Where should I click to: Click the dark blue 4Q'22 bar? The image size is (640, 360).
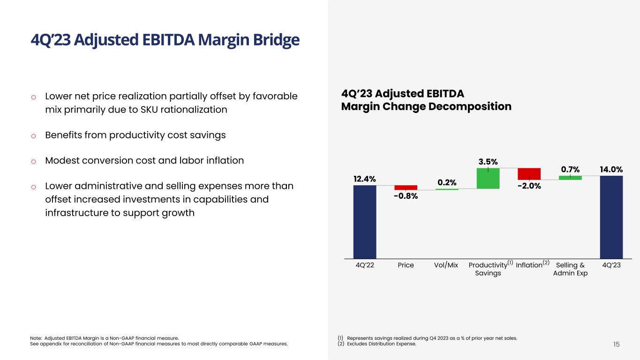364,221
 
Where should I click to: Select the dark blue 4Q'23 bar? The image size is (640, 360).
611,217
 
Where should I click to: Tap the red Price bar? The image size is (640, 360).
406,187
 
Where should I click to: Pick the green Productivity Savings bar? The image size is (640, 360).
488,178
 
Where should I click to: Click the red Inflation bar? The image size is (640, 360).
529,174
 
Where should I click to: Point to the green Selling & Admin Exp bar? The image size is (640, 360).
570,178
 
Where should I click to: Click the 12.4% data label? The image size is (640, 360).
364,179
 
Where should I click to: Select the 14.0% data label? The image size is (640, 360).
611,169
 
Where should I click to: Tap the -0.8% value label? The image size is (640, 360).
406,196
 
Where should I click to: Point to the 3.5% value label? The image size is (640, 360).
488,162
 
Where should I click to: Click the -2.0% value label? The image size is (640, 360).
529,186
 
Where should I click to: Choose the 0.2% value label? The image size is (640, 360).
447,182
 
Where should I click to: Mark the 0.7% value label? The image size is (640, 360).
570,169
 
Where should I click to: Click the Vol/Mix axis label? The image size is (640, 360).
446,265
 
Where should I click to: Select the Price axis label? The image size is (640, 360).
406,265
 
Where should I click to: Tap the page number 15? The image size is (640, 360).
616,345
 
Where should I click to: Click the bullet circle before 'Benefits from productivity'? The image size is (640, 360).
33,136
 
